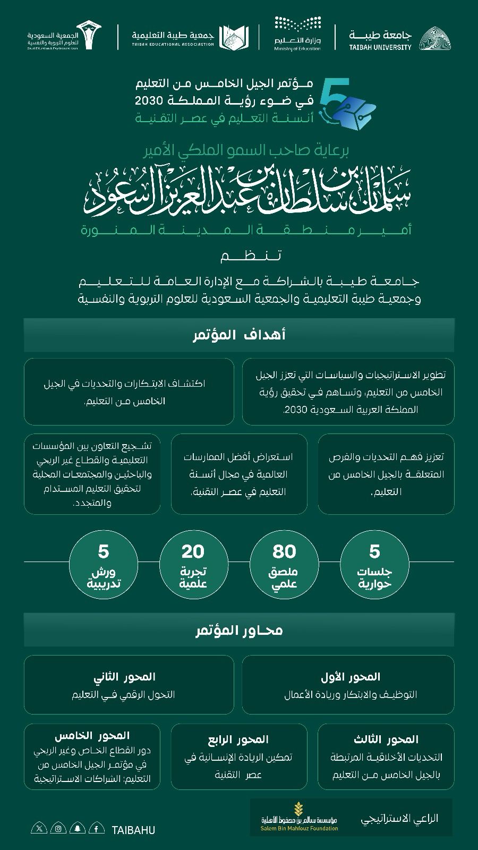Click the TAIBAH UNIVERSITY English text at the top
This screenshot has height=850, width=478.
[x=380, y=47]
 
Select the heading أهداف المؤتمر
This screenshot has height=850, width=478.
[x=239, y=335]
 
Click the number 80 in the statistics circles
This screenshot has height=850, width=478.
[x=284, y=551]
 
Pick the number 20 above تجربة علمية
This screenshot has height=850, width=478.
[x=193, y=551]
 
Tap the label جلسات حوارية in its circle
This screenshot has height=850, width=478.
[x=374, y=577]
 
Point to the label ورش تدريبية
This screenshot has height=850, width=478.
[x=104, y=578]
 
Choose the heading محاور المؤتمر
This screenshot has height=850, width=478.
[x=239, y=630]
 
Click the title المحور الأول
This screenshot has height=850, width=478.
[x=351, y=677]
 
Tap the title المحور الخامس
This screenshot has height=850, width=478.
[x=92, y=736]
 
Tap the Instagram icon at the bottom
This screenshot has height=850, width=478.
[x=59, y=828]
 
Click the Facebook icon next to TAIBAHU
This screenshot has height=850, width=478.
[x=96, y=828]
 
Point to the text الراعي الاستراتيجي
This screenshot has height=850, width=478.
[x=399, y=819]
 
